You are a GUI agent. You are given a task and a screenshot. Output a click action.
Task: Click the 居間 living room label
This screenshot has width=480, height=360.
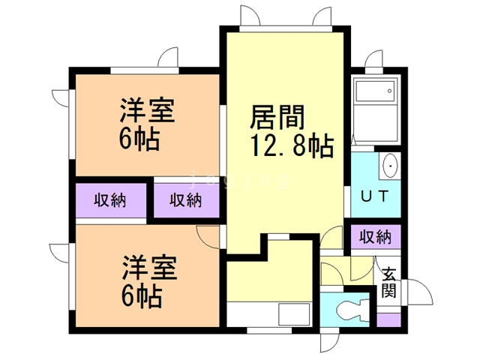pyautogui.click(x=277, y=117)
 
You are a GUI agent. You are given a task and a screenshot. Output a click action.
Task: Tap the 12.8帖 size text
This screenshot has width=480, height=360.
pyautogui.click(x=292, y=145)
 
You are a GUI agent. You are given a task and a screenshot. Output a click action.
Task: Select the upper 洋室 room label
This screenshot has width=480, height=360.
pyautogui.click(x=147, y=110)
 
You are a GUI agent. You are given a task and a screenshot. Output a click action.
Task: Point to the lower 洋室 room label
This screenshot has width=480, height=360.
pyautogui.click(x=150, y=268)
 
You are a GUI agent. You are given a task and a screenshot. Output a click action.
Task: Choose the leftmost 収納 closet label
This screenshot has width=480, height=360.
pyautogui.click(x=110, y=200)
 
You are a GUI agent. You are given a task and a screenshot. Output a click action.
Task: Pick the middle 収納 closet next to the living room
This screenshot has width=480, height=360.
pyautogui.click(x=186, y=200)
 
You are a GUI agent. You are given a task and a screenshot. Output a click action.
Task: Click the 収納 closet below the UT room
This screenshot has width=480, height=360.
pyautogui.click(x=375, y=237)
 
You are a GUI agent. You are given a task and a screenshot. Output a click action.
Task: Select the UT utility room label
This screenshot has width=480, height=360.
pyautogui.click(x=375, y=196)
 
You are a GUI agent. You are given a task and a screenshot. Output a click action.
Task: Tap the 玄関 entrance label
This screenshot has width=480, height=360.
pyautogui.click(x=388, y=282)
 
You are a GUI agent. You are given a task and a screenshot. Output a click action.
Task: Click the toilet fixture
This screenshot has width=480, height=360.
pyautogui.click(x=352, y=310)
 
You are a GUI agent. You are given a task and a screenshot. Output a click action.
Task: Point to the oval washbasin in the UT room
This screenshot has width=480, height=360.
pyautogui.click(x=390, y=166)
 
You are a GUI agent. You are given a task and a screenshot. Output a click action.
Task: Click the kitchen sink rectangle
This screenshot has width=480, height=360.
pyautogui.click(x=294, y=314)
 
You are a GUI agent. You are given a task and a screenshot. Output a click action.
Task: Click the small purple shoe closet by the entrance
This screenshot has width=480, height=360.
pyautogui.click(x=388, y=320)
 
